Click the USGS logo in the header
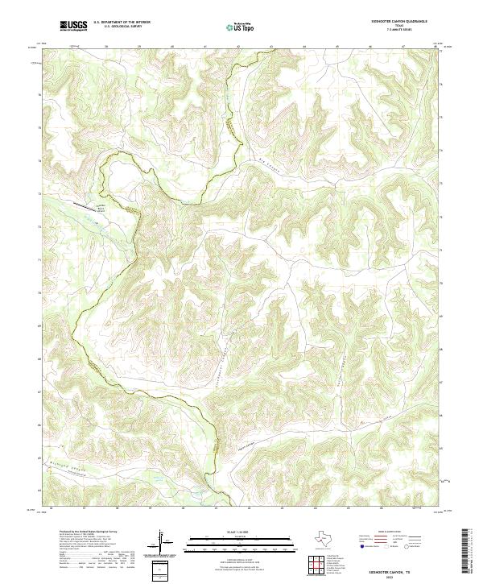point(73,26)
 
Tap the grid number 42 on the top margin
point(238,46)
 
